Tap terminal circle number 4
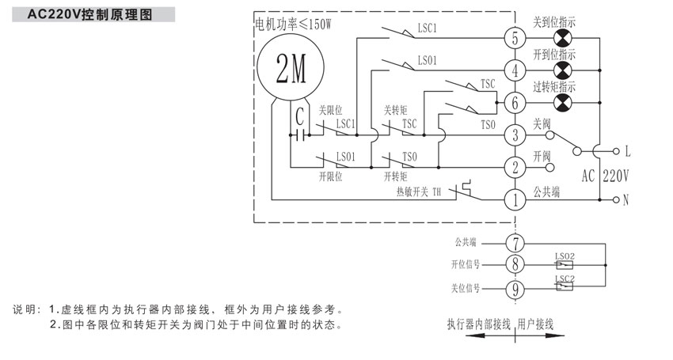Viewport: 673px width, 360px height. (515, 70)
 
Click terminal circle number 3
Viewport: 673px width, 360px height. (515, 135)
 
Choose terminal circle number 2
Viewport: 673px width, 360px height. (515, 167)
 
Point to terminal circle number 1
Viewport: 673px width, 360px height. (515, 199)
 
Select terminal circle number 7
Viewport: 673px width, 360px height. (515, 243)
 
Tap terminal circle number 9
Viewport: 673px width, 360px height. (515, 290)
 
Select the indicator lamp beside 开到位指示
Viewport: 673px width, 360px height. (563, 70)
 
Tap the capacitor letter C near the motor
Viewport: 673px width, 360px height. (299, 117)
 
